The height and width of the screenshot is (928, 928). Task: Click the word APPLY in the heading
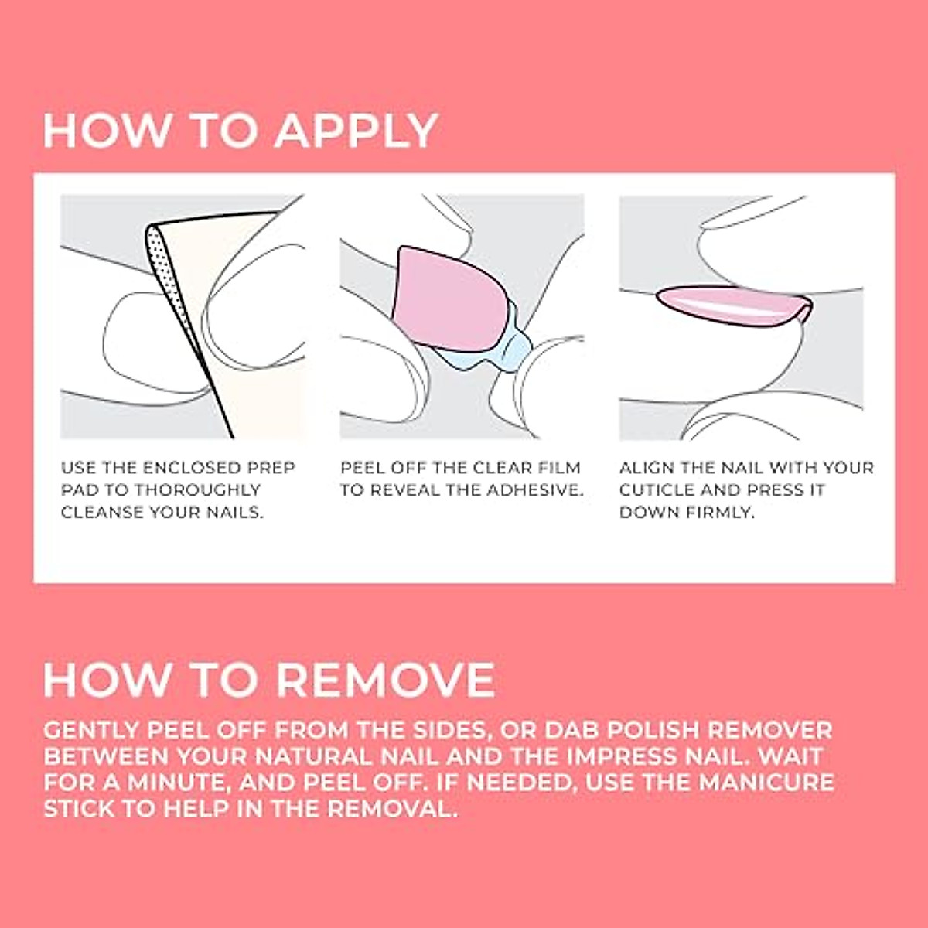point(357,131)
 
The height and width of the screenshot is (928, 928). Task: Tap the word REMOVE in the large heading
point(384,681)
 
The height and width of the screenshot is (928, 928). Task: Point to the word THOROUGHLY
point(197,490)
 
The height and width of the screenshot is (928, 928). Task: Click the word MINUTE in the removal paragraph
point(178,783)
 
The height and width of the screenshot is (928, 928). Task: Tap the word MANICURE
point(766,783)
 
